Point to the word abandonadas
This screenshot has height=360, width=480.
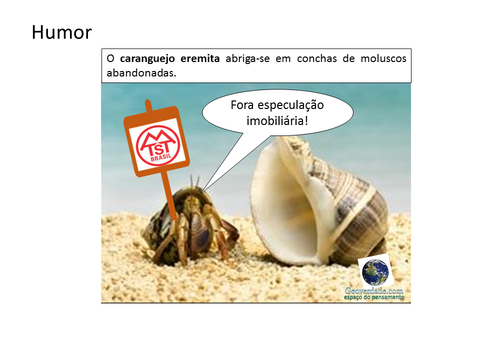(141, 72)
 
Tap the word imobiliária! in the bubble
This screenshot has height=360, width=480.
(277, 120)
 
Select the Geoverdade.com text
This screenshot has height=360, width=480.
(374, 290)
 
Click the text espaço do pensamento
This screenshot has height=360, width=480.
(374, 297)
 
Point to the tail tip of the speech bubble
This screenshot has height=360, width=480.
(202, 191)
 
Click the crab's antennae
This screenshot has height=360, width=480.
(196, 181)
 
